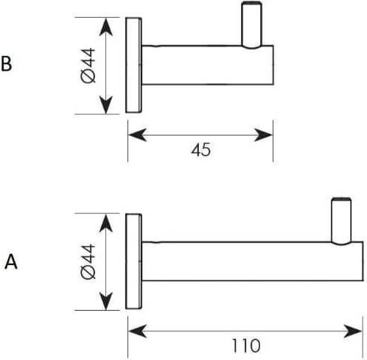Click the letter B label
pos(7,64)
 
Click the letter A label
pos(11,262)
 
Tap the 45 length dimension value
pos(201,149)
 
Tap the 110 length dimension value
pos(246,346)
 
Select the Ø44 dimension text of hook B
pos(88,66)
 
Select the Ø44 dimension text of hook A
pos(88,262)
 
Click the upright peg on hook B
pos(251,25)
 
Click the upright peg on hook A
pos(341,221)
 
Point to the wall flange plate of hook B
pos(133,65)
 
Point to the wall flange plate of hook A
pos(133,261)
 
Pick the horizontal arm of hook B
pos(208,65)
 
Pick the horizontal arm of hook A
pos(253,261)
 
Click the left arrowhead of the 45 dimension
pos(137,135)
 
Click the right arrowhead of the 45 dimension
pos(263,135)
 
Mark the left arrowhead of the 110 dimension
pos(137,331)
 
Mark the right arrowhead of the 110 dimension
pos(353,331)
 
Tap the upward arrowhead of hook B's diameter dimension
pos(106,27)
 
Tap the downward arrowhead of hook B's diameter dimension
pos(106,105)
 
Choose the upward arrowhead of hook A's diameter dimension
pos(106,223)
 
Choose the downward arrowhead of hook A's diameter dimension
pos(106,301)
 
